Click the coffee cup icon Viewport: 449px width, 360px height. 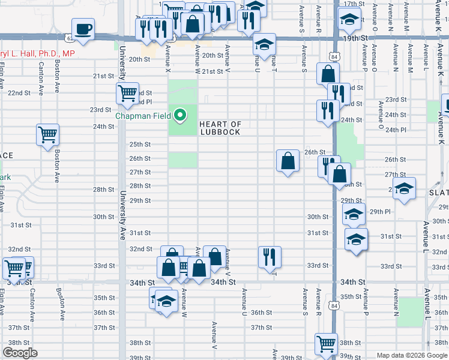coord(83,29)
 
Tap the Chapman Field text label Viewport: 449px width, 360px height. coord(143,115)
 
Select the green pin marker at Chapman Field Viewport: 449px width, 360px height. coord(179,114)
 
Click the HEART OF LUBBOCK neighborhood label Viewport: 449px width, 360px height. coord(220,128)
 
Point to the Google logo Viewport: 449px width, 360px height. coord(20,353)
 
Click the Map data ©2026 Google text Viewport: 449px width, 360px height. coord(411,355)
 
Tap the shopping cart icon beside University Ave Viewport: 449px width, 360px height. coord(127,93)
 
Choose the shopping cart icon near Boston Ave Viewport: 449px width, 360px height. coord(48,134)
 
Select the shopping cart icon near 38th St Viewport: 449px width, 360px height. coord(326,344)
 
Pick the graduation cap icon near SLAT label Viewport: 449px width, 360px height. coord(404,188)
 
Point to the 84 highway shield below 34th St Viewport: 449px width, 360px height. coord(334,305)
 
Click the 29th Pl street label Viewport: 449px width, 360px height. coord(380,212)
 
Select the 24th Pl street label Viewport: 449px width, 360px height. coord(396,130)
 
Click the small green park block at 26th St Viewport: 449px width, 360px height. coord(182,160)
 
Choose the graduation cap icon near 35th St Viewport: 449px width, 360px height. coord(166,301)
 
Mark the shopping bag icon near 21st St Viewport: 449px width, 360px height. coord(328,74)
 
